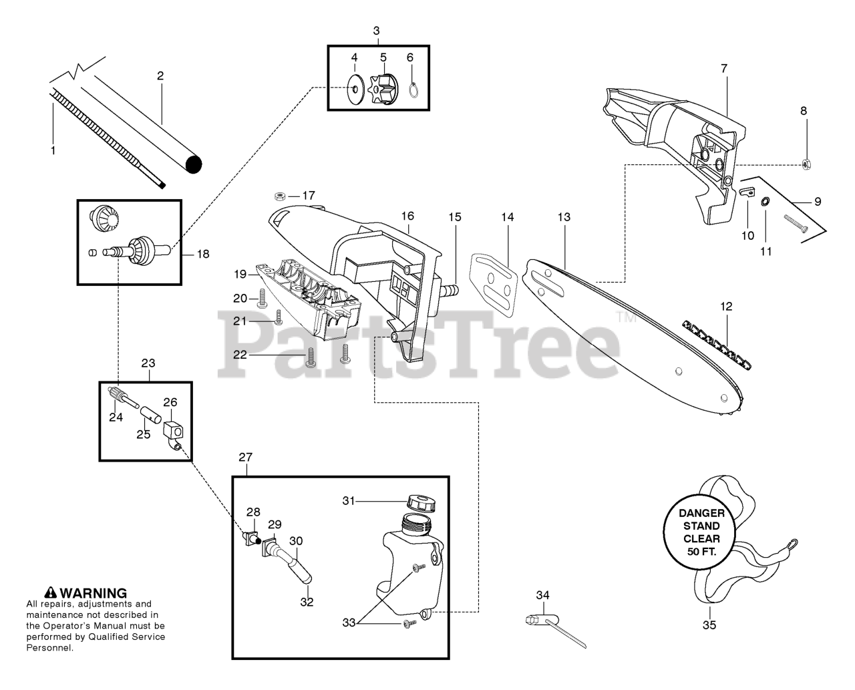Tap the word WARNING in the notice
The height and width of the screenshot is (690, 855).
click(94, 592)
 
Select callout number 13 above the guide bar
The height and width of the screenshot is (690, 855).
click(564, 217)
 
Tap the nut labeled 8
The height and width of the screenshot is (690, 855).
click(806, 163)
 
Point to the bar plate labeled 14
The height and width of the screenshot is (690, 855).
click(495, 281)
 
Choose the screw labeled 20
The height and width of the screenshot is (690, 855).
click(262, 297)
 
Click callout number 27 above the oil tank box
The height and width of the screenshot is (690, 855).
click(245, 458)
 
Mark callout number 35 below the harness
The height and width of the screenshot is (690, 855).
click(709, 625)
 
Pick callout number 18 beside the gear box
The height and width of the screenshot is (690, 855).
click(202, 254)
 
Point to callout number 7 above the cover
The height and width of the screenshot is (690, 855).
click(724, 68)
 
